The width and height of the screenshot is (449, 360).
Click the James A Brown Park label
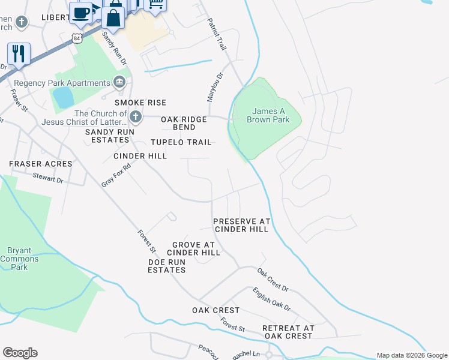click(x=268, y=115)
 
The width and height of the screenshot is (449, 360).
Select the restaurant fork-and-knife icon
click(x=19, y=54)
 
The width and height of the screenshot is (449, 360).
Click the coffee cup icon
click(x=80, y=12)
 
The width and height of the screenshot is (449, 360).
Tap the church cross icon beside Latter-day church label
click(x=135, y=116)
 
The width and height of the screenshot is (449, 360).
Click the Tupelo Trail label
click(x=181, y=142)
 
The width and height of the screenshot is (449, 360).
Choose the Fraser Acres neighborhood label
click(x=40, y=164)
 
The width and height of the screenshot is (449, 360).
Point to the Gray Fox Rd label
click(x=116, y=173)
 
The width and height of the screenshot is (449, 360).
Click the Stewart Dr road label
click(x=47, y=178)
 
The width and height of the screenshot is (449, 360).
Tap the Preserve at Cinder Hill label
click(x=242, y=226)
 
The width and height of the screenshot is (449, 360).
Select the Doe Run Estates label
click(x=167, y=266)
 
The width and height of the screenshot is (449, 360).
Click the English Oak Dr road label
click(x=271, y=299)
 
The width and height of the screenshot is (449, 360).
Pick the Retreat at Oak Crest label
click(x=288, y=332)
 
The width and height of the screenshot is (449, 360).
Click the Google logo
click(x=20, y=353)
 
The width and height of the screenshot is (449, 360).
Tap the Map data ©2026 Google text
click(x=412, y=355)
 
